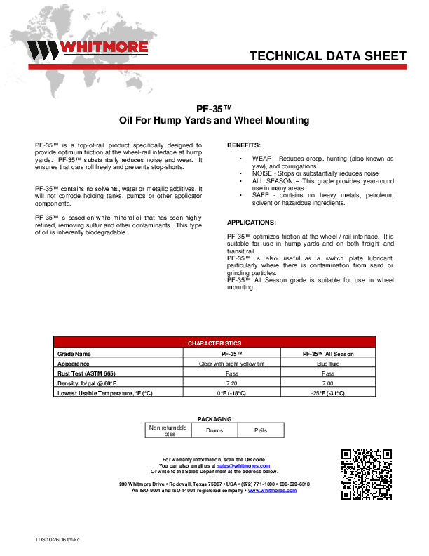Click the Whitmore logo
[88, 49]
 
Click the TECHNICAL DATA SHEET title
[328, 56]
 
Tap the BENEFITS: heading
[244, 145]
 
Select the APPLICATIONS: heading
[252, 222]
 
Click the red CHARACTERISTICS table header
[214, 343]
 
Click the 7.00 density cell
[327, 383]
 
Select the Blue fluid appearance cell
[327, 364]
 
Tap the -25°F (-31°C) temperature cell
[327, 393]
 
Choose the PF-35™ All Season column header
[327, 354]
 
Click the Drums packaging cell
[214, 431]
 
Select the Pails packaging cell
[261, 431]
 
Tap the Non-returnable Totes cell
[168, 431]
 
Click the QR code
[366, 475]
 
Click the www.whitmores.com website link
[272, 490]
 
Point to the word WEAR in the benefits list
[261, 159]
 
